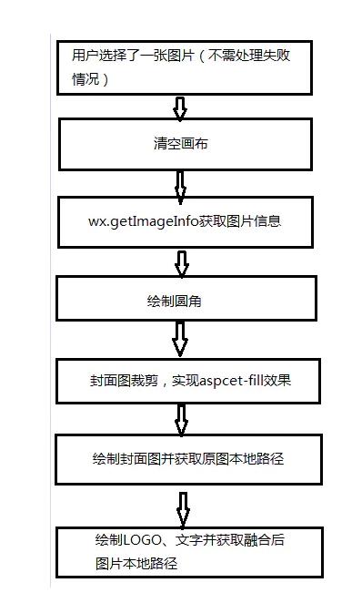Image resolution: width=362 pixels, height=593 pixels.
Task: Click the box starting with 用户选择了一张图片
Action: (188, 66)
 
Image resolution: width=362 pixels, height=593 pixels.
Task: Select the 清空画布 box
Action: (188, 144)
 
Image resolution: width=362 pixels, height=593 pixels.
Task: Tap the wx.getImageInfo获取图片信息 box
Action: (188, 221)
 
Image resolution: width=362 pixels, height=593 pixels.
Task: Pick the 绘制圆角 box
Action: (188, 299)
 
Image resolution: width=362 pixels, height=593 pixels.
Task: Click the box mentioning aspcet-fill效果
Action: (188, 381)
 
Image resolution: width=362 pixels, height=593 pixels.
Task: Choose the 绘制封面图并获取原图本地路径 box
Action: (188, 458)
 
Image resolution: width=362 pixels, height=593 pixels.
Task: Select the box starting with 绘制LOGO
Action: (188, 551)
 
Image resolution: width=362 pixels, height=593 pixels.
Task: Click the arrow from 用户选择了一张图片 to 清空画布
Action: (180, 108)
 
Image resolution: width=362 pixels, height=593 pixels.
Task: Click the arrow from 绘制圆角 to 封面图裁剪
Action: (180, 340)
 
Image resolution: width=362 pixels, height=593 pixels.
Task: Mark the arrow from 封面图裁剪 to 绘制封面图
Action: (181, 419)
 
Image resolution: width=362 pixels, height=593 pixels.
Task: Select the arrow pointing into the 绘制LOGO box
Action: (183, 507)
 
